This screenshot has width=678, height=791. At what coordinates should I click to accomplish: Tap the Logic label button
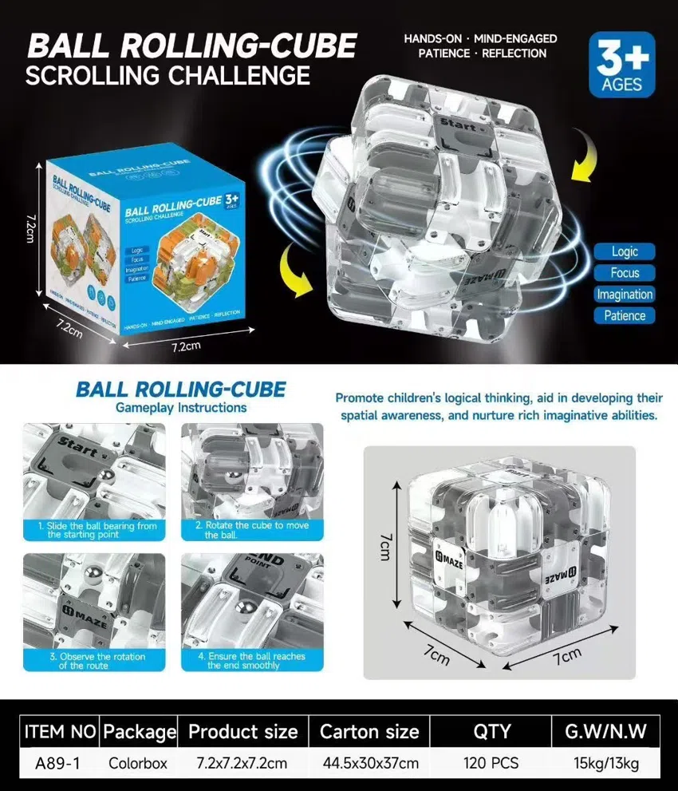pos(625,251)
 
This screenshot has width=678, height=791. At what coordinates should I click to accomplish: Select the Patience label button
pos(625,315)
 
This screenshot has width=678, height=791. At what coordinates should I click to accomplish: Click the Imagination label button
pos(625,294)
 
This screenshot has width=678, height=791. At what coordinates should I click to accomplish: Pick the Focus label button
pos(625,273)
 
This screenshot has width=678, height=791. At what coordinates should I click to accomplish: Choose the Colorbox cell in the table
pos(138,763)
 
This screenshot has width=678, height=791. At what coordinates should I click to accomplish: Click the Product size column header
pos(242,731)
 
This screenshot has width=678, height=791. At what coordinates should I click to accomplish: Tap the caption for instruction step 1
pos(94,530)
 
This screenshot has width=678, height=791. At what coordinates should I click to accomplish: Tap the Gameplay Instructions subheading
pos(182,408)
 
